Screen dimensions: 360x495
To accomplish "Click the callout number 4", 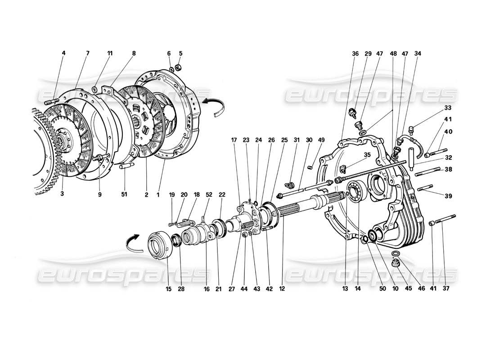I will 63,53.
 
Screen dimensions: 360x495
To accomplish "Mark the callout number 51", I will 124,194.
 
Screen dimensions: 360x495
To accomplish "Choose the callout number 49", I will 320,140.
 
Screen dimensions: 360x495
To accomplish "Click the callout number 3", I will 62,194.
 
